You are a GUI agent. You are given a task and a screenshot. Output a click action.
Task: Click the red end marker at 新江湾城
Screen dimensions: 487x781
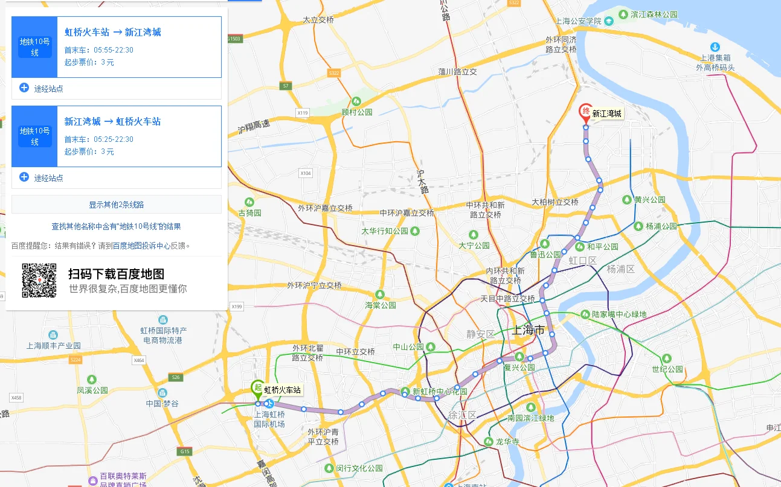585,112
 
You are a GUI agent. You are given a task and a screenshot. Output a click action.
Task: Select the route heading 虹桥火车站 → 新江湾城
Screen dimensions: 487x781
113,33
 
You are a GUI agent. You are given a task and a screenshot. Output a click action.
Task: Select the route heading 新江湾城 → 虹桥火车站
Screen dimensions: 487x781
113,122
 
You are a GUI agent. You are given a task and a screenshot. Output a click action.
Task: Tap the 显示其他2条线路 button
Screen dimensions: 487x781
117,205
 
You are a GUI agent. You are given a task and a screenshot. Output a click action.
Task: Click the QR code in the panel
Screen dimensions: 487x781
39,281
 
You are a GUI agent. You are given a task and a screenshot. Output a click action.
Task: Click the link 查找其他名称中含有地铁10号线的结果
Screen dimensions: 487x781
117,226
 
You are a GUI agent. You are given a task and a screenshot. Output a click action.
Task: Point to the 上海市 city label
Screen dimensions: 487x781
528,330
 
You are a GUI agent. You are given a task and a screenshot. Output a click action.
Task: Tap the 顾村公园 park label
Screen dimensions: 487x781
357,112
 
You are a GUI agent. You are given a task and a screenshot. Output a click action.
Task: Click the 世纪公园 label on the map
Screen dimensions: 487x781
667,369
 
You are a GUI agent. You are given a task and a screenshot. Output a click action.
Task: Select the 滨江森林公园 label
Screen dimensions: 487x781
654,14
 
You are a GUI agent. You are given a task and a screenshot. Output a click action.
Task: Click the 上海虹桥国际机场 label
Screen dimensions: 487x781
269,419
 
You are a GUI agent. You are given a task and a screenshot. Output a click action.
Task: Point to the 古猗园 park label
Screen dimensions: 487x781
250,212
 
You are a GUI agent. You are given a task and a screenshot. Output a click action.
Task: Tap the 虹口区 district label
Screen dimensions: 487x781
582,261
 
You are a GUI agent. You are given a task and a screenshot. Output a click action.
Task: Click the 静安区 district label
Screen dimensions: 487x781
480,334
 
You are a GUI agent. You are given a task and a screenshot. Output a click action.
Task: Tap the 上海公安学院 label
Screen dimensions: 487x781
578,21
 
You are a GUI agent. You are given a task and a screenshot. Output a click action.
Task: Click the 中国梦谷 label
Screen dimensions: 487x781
162,403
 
